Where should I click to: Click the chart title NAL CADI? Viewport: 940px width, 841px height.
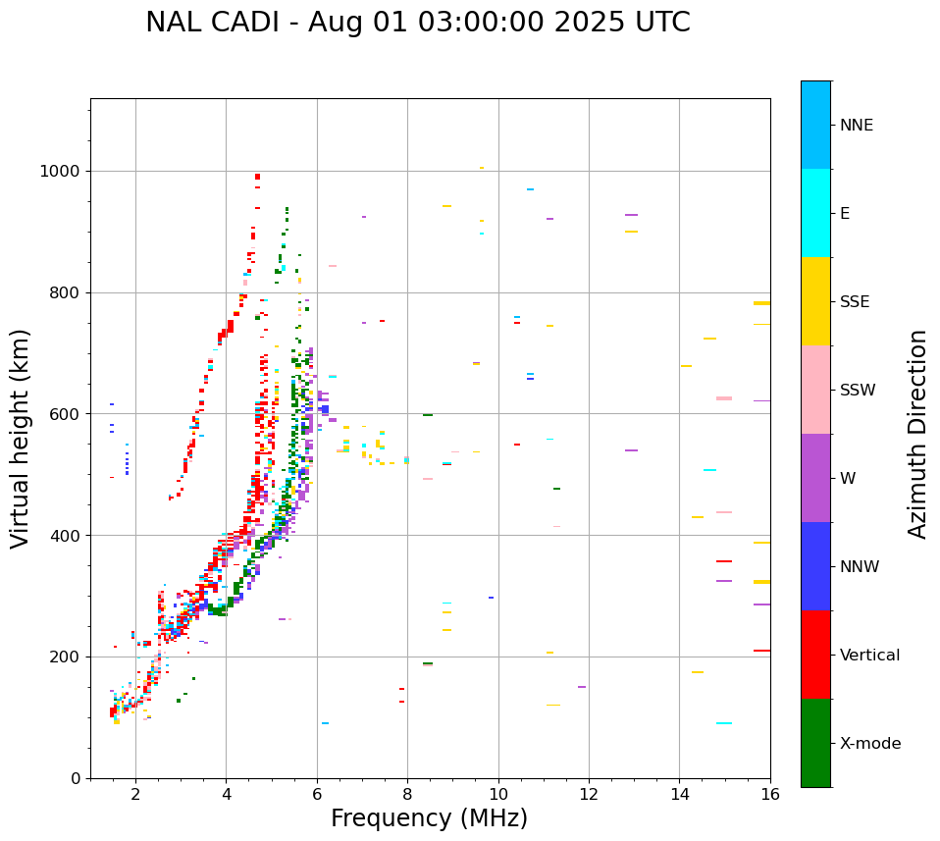pos(417,23)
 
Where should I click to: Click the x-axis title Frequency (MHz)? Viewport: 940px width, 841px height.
pos(429,818)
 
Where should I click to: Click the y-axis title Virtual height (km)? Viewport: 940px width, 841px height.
pos(21,438)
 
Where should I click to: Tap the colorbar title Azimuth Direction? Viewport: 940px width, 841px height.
pos(917,434)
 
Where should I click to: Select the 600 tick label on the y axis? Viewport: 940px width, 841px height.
pos(65,414)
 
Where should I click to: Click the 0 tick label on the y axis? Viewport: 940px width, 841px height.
pos(75,778)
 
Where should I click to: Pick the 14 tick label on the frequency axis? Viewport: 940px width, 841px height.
pos(679,794)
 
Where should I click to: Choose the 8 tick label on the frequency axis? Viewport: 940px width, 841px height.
pos(407,794)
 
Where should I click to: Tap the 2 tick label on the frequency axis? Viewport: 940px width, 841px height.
pos(135,794)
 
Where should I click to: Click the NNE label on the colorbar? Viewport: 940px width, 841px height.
pos(856,126)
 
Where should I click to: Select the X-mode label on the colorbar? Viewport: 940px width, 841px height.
pos(869,744)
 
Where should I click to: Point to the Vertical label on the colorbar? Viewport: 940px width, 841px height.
pos(869,656)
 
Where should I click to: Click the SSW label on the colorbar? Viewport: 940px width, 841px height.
pos(857,391)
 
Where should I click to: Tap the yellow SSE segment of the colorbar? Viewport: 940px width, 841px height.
pos(815,301)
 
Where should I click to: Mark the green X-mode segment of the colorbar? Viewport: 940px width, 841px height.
pos(815,743)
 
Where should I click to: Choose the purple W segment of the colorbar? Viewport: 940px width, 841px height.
pos(815,478)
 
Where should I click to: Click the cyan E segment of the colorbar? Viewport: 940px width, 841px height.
pos(815,213)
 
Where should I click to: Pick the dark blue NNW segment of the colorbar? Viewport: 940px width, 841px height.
pos(815,566)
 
